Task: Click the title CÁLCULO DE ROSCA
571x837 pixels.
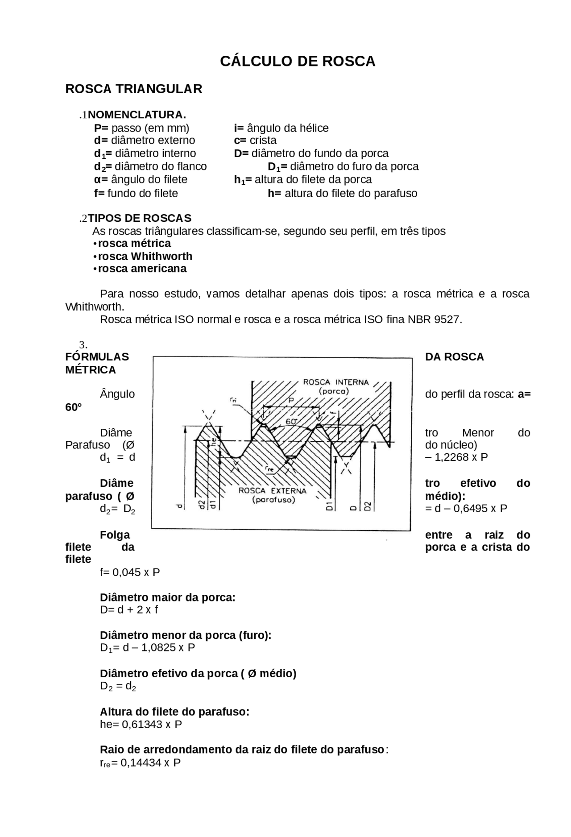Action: click(x=298, y=62)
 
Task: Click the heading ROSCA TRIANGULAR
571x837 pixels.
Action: click(x=133, y=89)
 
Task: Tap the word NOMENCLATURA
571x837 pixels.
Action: click(x=137, y=115)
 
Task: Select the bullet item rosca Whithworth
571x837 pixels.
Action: click(x=145, y=256)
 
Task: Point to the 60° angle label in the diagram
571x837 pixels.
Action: click(x=291, y=421)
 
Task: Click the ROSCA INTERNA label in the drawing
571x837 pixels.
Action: click(x=335, y=382)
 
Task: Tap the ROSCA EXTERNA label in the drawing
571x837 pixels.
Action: click(x=273, y=491)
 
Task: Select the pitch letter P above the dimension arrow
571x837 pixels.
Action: click(x=291, y=400)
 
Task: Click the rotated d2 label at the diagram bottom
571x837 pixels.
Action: click(x=202, y=505)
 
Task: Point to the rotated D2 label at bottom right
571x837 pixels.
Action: click(x=367, y=506)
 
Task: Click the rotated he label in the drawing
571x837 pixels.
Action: click(x=214, y=442)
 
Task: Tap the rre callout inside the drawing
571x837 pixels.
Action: click(x=269, y=469)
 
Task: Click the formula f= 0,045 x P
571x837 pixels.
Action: click(x=130, y=572)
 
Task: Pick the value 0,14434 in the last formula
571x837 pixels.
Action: click(x=141, y=762)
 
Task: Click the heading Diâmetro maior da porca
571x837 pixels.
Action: click(x=167, y=597)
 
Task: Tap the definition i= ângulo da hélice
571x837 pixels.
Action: click(x=281, y=128)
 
